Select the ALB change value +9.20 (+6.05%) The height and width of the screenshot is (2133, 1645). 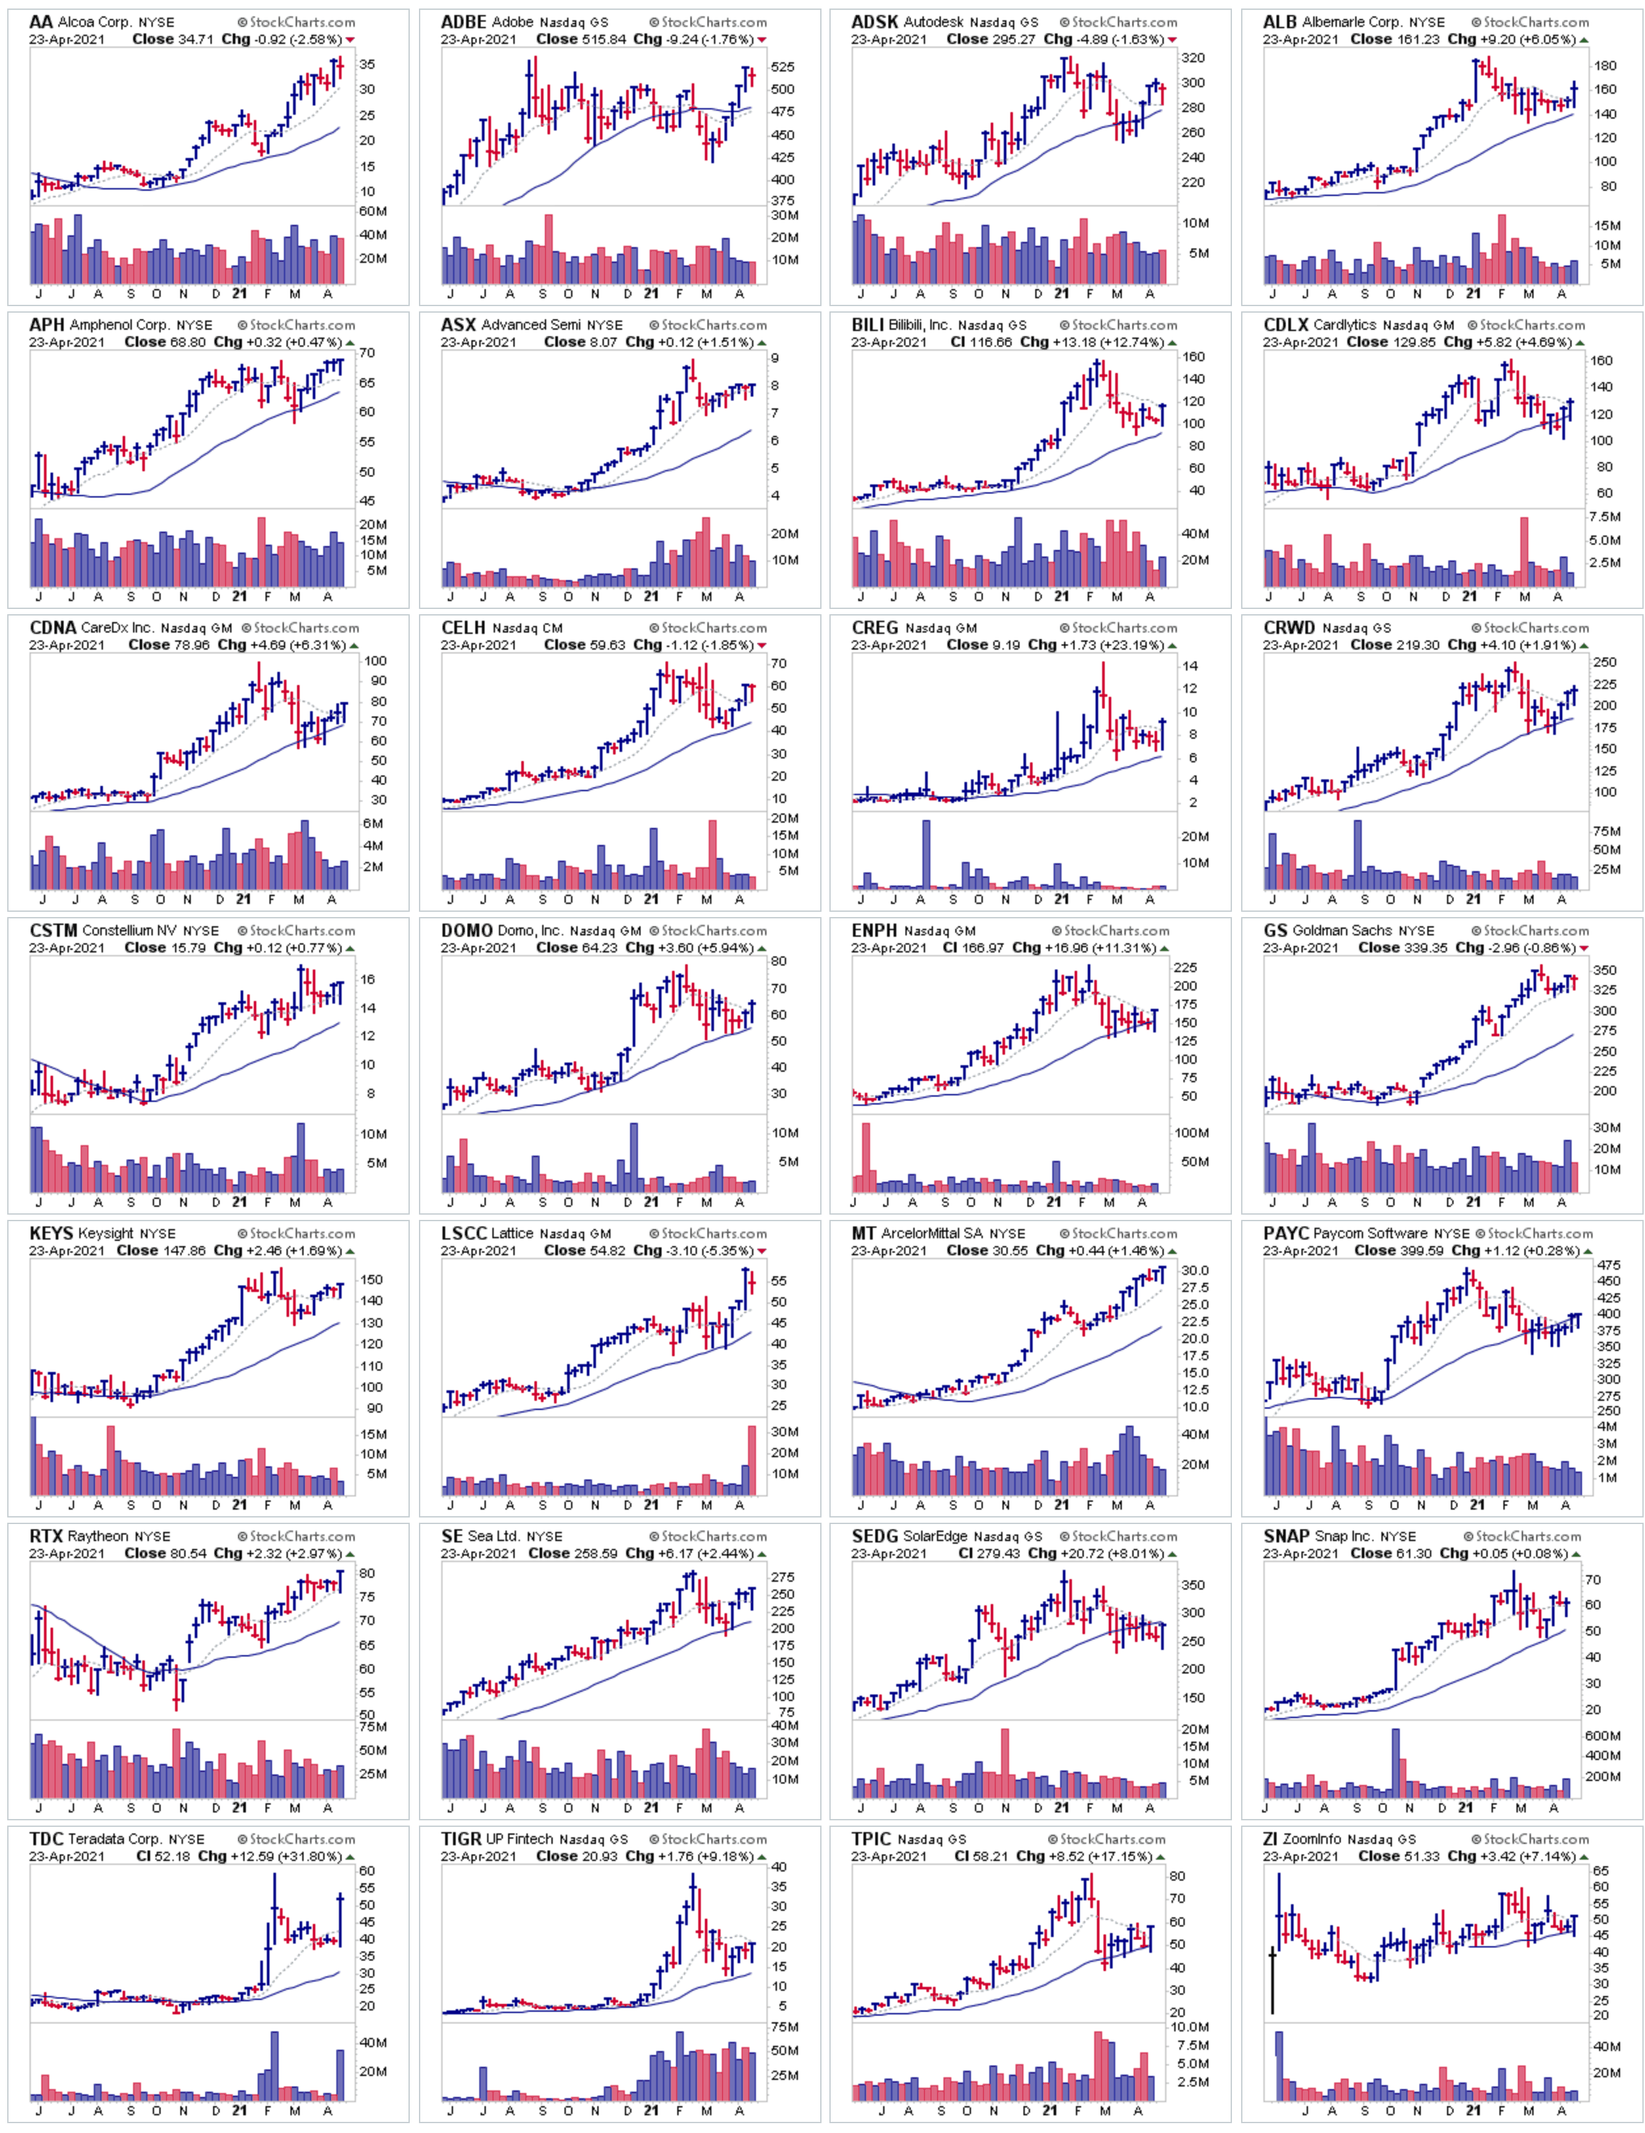[1526, 39]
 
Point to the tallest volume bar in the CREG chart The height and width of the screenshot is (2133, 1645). [926, 855]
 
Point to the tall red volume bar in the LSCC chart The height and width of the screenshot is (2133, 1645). [751, 1459]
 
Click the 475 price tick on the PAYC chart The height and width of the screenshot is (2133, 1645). [1608, 1264]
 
